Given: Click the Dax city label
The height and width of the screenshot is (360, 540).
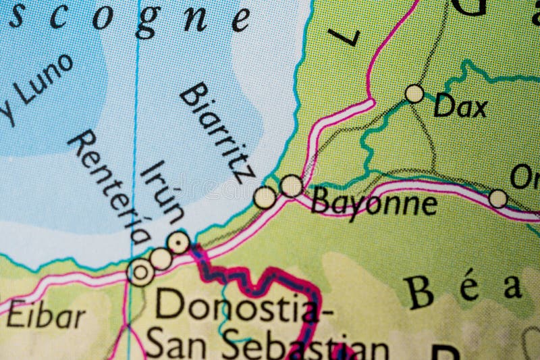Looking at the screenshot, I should pyautogui.click(x=460, y=106).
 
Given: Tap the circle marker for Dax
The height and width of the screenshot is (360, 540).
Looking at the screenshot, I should pyautogui.click(x=414, y=93).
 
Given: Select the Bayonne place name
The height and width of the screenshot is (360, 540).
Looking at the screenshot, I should pyautogui.click(x=373, y=203).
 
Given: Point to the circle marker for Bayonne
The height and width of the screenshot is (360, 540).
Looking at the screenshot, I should pyautogui.click(x=291, y=186).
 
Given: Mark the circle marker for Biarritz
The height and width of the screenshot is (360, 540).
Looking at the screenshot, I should pyautogui.click(x=265, y=197).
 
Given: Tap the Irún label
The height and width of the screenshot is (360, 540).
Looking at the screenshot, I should pyautogui.click(x=163, y=192).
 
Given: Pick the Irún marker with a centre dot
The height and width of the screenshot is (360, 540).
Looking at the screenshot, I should pyautogui.click(x=178, y=242).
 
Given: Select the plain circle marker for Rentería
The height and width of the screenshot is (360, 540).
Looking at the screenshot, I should pyautogui.click(x=161, y=258).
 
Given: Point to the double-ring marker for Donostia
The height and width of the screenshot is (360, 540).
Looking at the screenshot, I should pyautogui.click(x=141, y=272).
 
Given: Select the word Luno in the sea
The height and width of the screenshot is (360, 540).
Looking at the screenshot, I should pyautogui.click(x=43, y=80).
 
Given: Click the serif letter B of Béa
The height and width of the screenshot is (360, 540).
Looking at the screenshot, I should pyautogui.click(x=418, y=292).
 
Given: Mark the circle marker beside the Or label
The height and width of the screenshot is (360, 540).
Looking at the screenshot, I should pyautogui.click(x=498, y=199).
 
